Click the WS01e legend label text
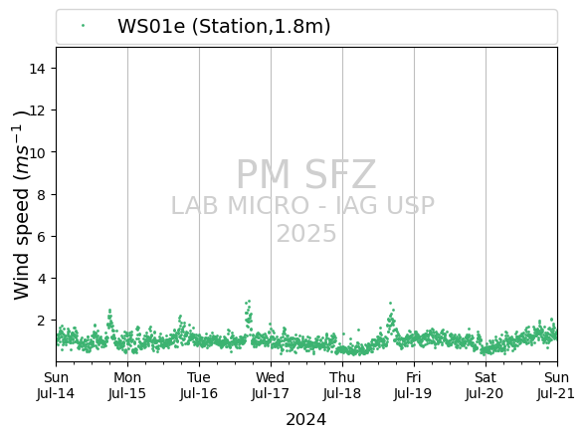(224, 26)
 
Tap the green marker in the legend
(83, 26)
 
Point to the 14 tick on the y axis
(38, 69)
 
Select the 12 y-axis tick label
(38, 110)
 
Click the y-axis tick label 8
(41, 194)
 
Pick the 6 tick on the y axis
(41, 237)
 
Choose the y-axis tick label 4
(41, 279)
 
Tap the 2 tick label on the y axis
(41, 321)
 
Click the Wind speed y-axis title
(21, 205)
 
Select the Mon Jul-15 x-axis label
(127, 385)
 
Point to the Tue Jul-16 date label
(199, 385)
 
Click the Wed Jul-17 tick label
(271, 385)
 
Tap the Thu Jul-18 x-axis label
(342, 385)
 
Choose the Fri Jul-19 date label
(413, 385)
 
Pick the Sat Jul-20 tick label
(486, 385)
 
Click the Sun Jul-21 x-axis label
(556, 385)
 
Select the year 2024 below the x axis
(306, 420)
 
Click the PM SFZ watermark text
(306, 174)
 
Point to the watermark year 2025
(306, 234)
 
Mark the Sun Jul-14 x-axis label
(56, 385)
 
